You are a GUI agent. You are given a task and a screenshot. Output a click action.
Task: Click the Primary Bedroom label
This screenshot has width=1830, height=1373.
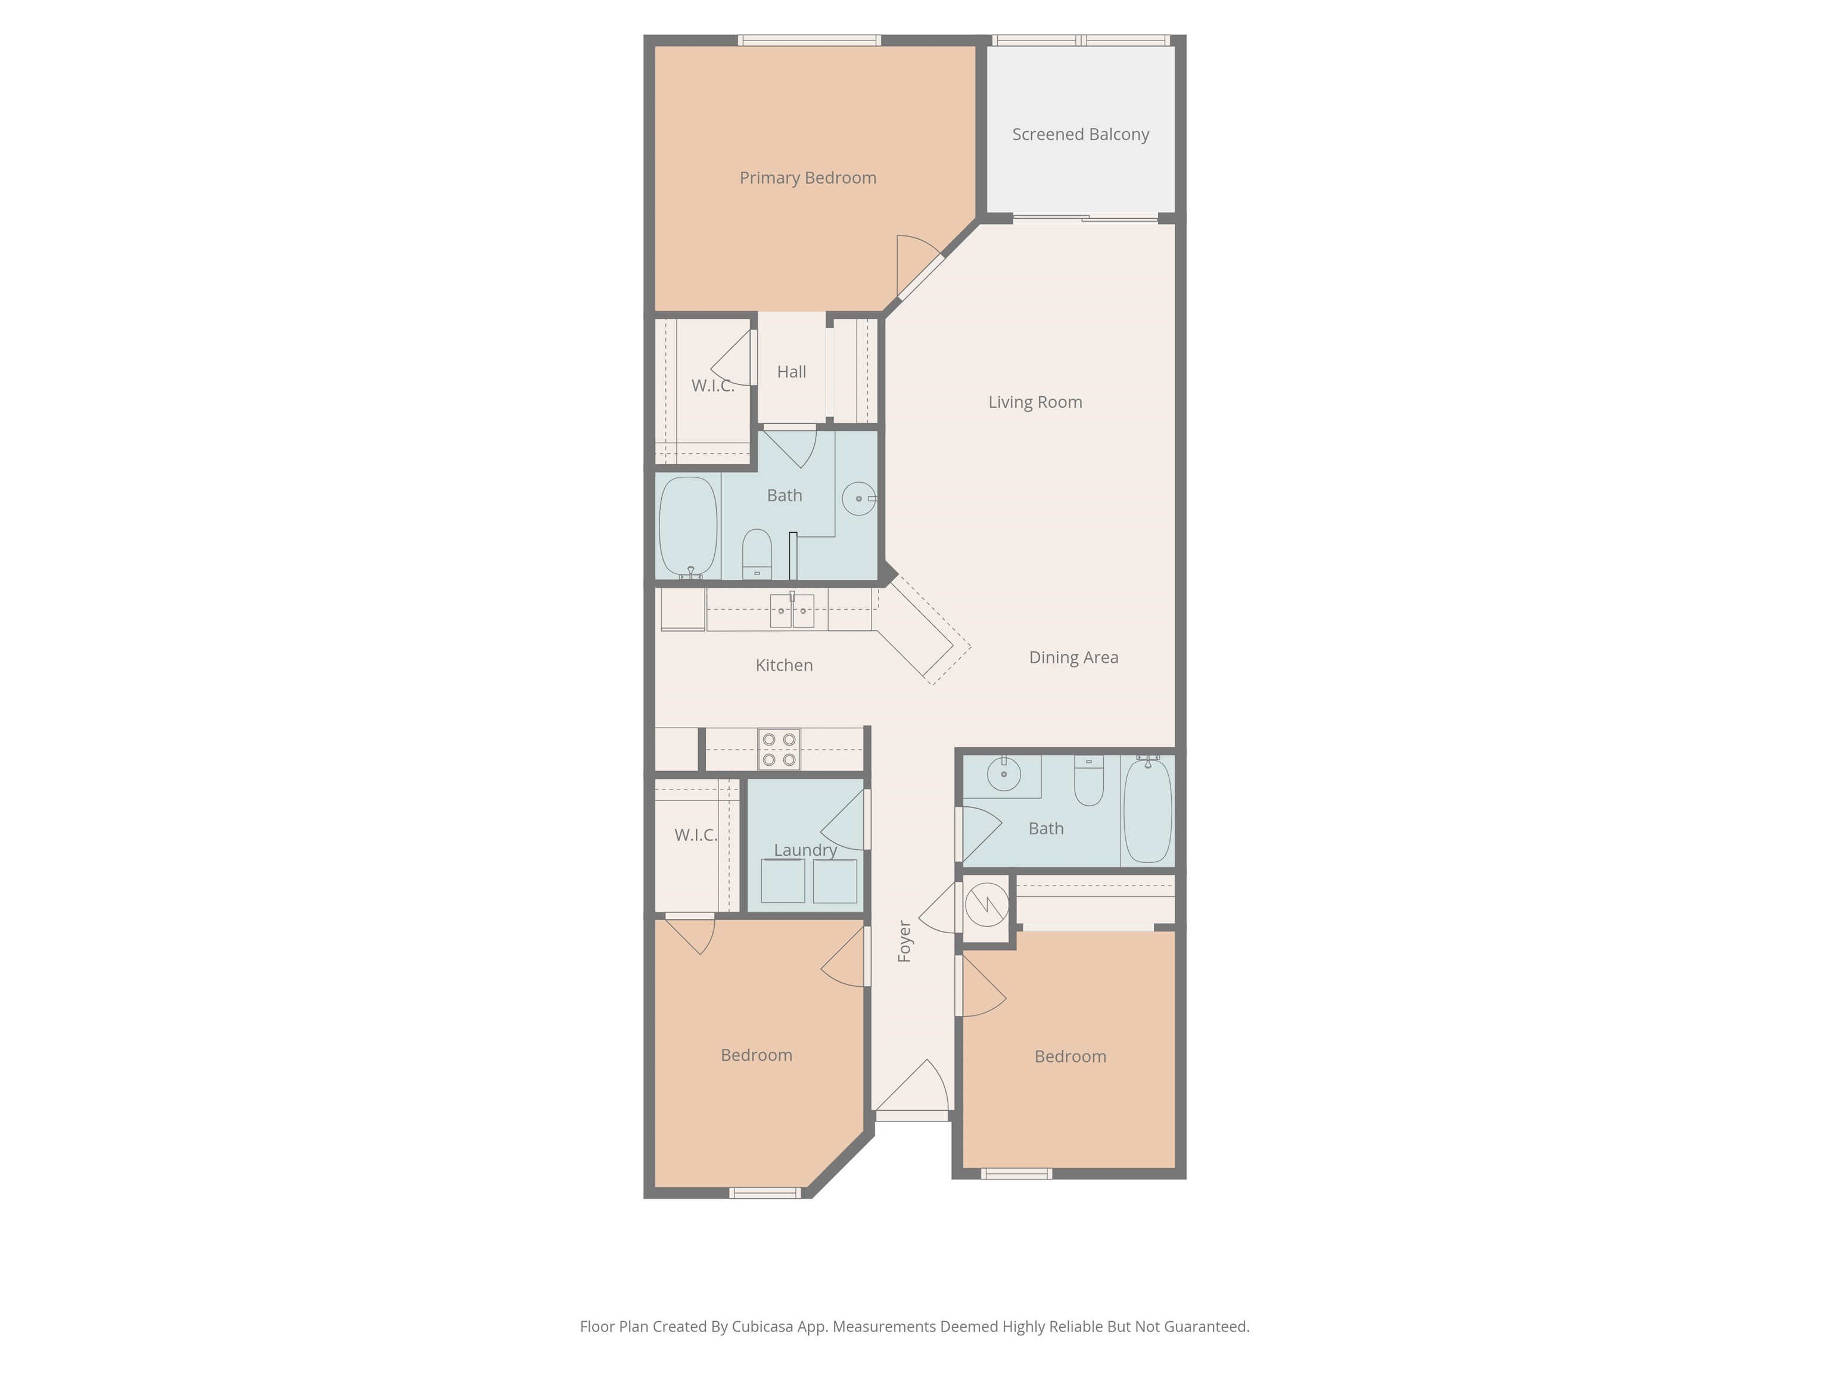(807, 178)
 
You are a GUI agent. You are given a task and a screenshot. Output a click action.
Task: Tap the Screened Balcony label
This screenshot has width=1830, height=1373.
(1081, 134)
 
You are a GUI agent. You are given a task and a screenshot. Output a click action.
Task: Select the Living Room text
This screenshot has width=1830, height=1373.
(1035, 402)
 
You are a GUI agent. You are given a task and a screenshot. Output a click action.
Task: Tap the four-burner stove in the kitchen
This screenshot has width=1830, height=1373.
(779, 750)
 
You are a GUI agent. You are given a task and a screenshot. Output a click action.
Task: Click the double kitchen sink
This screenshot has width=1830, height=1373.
(792, 610)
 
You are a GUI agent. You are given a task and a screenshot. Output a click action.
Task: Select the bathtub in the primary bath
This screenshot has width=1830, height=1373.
(687, 527)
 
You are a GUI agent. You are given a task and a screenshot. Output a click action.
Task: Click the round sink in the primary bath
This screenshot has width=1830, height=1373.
(859, 499)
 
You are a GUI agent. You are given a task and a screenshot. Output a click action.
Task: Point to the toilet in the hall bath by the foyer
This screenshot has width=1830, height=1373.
(1089, 781)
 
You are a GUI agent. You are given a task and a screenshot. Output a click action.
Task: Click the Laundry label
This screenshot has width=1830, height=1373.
(805, 850)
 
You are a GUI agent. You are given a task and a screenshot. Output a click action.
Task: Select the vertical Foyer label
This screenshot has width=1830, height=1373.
(904, 941)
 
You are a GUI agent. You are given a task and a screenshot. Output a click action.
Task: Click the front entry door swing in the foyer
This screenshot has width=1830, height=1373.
(911, 1086)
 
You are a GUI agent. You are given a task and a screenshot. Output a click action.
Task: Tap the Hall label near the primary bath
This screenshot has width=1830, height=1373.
(791, 372)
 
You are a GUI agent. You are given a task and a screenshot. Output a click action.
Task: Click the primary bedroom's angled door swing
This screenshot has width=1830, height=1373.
(919, 265)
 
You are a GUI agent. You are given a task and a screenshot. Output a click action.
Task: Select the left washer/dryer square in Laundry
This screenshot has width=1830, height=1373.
(783, 881)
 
